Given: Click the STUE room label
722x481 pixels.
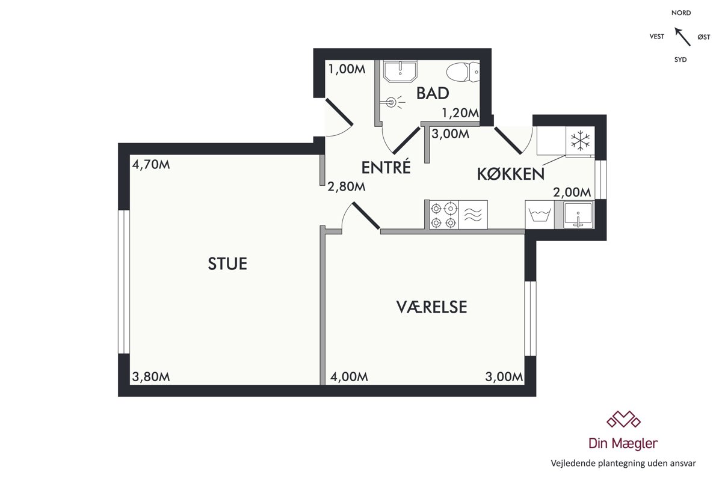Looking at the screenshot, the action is pyautogui.click(x=227, y=264).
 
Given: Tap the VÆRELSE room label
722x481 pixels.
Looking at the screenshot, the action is pyautogui.click(x=431, y=307).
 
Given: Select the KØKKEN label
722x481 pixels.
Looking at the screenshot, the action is pyautogui.click(x=511, y=174).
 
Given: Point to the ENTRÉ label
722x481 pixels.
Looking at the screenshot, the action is pyautogui.click(x=386, y=167).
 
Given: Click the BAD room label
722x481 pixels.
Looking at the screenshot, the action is pyautogui.click(x=433, y=93).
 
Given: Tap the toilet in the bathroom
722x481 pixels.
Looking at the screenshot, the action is pyautogui.click(x=463, y=72).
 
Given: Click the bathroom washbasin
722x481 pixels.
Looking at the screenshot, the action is pyautogui.click(x=400, y=71).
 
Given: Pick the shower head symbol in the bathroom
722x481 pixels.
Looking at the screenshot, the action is pyautogui.click(x=392, y=102).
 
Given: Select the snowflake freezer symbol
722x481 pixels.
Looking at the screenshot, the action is pyautogui.click(x=580, y=141).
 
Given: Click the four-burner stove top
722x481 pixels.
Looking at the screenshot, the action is pyautogui.click(x=443, y=215).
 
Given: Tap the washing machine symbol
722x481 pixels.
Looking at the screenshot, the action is pyautogui.click(x=540, y=215).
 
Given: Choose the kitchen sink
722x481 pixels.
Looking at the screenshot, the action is pyautogui.click(x=578, y=215).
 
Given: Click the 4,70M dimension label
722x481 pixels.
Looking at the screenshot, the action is pyautogui.click(x=151, y=165).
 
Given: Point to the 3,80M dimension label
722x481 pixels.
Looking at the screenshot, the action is pyautogui.click(x=151, y=376).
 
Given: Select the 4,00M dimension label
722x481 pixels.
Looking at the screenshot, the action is pyautogui.click(x=349, y=376).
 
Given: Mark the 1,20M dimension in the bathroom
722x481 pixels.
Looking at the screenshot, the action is pyautogui.click(x=460, y=113).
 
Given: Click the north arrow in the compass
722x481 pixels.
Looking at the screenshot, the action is pyautogui.click(x=683, y=37).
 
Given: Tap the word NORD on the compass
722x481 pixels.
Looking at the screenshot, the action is pyautogui.click(x=681, y=13).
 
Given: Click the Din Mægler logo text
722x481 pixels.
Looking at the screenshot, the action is pyautogui.click(x=623, y=444).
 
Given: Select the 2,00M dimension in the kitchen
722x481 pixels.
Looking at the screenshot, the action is pyautogui.click(x=572, y=192).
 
